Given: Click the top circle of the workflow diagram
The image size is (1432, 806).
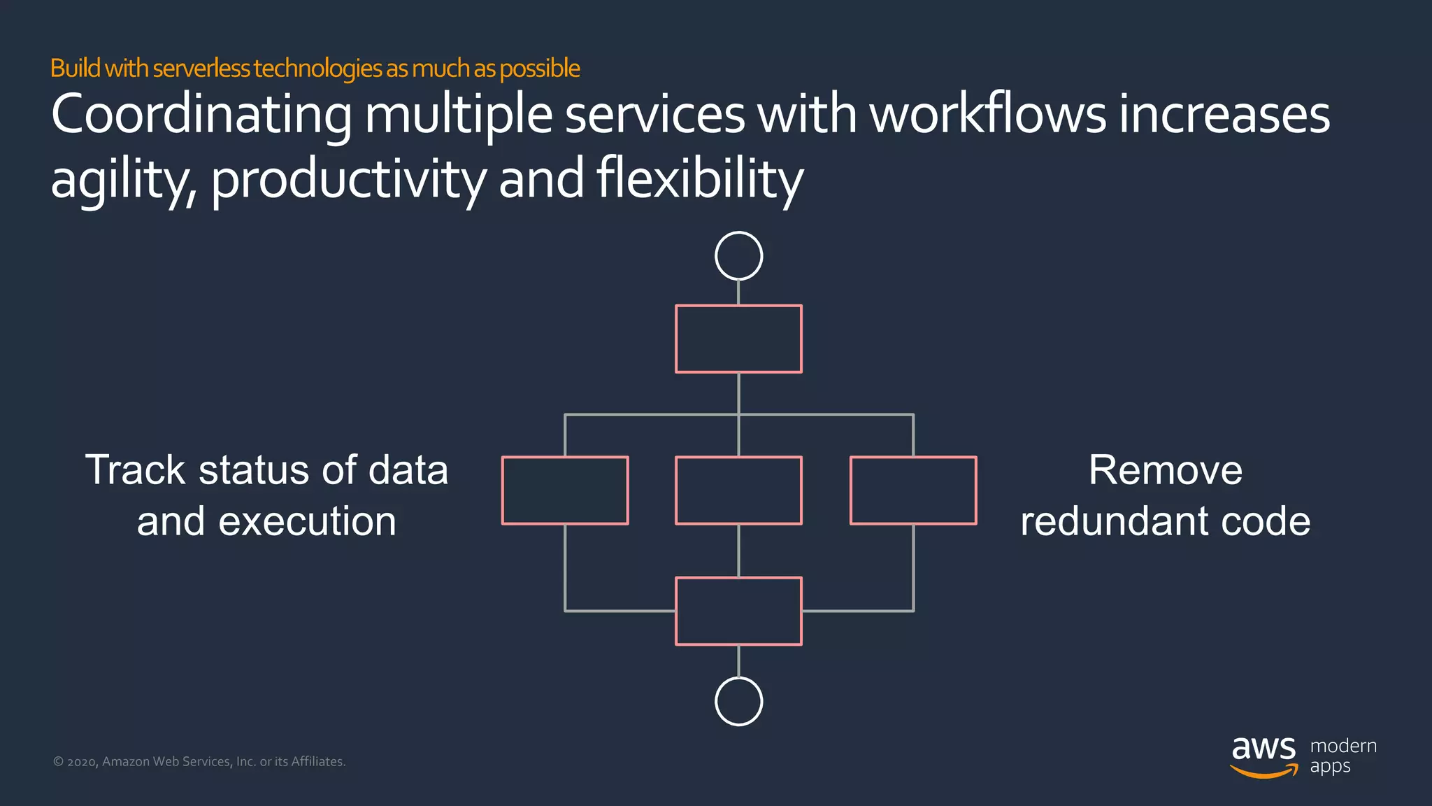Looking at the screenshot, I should [738, 256].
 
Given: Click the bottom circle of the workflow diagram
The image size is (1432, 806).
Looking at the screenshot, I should [738, 701].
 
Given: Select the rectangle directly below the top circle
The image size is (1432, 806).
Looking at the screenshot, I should [738, 339].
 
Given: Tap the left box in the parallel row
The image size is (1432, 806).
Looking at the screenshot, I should [565, 490].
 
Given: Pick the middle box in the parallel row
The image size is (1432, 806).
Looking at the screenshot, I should [738, 490].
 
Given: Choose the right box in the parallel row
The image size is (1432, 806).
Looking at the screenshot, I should [913, 490].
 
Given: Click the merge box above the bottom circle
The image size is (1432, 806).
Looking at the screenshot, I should [738, 611].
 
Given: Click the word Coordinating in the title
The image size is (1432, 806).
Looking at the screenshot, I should [201, 115].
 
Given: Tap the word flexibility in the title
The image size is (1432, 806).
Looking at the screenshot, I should [699, 179].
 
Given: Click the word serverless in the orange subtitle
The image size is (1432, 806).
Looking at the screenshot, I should [201, 69].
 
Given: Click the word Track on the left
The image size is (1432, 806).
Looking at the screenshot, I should [134, 469].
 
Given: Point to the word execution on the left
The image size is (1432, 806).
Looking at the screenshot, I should [307, 522].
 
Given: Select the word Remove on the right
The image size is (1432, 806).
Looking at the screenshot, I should [1165, 469].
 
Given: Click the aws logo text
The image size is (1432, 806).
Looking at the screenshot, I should [1263, 748].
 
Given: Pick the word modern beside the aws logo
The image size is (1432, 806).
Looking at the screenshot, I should [1342, 746].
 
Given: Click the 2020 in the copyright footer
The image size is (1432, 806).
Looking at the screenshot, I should [81, 762].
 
